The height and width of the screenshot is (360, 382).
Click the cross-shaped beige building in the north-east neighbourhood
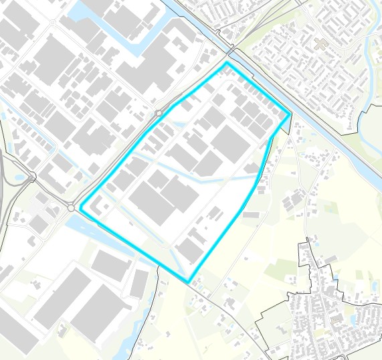pyautogui.click(x=320, y=44)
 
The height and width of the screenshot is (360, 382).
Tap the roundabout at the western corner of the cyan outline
pyautogui.click(x=72, y=208)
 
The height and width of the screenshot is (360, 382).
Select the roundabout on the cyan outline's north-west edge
pyautogui.click(x=159, y=114)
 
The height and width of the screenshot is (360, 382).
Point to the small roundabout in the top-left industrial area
pyautogui.click(x=52, y=22)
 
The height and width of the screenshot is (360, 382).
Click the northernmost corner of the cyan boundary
pyautogui.click(x=227, y=63)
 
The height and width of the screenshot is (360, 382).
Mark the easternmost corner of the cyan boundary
pyautogui.click(x=290, y=114)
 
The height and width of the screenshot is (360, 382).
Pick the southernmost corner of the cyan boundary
pyautogui.click(x=189, y=281)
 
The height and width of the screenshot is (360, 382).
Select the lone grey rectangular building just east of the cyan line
pyautogui.click(x=251, y=215)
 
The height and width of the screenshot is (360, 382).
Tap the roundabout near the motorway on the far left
pyautogui.click(x=32, y=177)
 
